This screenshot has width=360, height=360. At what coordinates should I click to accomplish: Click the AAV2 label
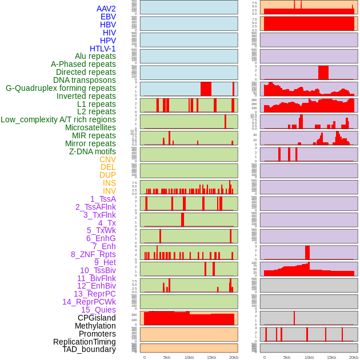click(x=106, y=9)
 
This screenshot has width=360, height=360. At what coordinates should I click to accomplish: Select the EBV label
click(x=108, y=17)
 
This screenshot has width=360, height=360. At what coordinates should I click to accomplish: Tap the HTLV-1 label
click(x=103, y=49)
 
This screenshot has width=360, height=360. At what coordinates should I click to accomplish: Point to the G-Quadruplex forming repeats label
click(x=61, y=88)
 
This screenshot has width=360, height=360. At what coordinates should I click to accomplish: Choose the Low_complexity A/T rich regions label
click(x=58, y=119)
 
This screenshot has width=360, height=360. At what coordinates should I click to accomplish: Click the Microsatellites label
click(x=90, y=127)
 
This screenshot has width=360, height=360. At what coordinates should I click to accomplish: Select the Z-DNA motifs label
click(x=93, y=151)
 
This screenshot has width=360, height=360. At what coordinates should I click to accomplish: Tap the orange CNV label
click(x=107, y=159)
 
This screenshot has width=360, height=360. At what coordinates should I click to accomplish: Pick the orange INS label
click(x=109, y=183)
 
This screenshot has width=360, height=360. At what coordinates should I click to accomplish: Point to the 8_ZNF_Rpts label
click(x=93, y=254)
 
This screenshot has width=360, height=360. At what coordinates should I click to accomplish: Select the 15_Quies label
click(x=98, y=310)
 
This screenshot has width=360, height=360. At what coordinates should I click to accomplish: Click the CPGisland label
click(x=97, y=318)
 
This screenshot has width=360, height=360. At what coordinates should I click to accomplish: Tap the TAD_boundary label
click(x=89, y=349)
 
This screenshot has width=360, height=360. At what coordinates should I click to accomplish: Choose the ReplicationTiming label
click(x=85, y=342)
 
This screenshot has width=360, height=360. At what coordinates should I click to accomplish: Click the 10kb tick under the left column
click(x=189, y=357)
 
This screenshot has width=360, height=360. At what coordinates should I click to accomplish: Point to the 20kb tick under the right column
click(x=354, y=357)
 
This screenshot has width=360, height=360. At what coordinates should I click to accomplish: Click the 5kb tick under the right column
click(x=287, y=357)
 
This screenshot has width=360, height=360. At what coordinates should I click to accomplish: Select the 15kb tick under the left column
click(x=211, y=357)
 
